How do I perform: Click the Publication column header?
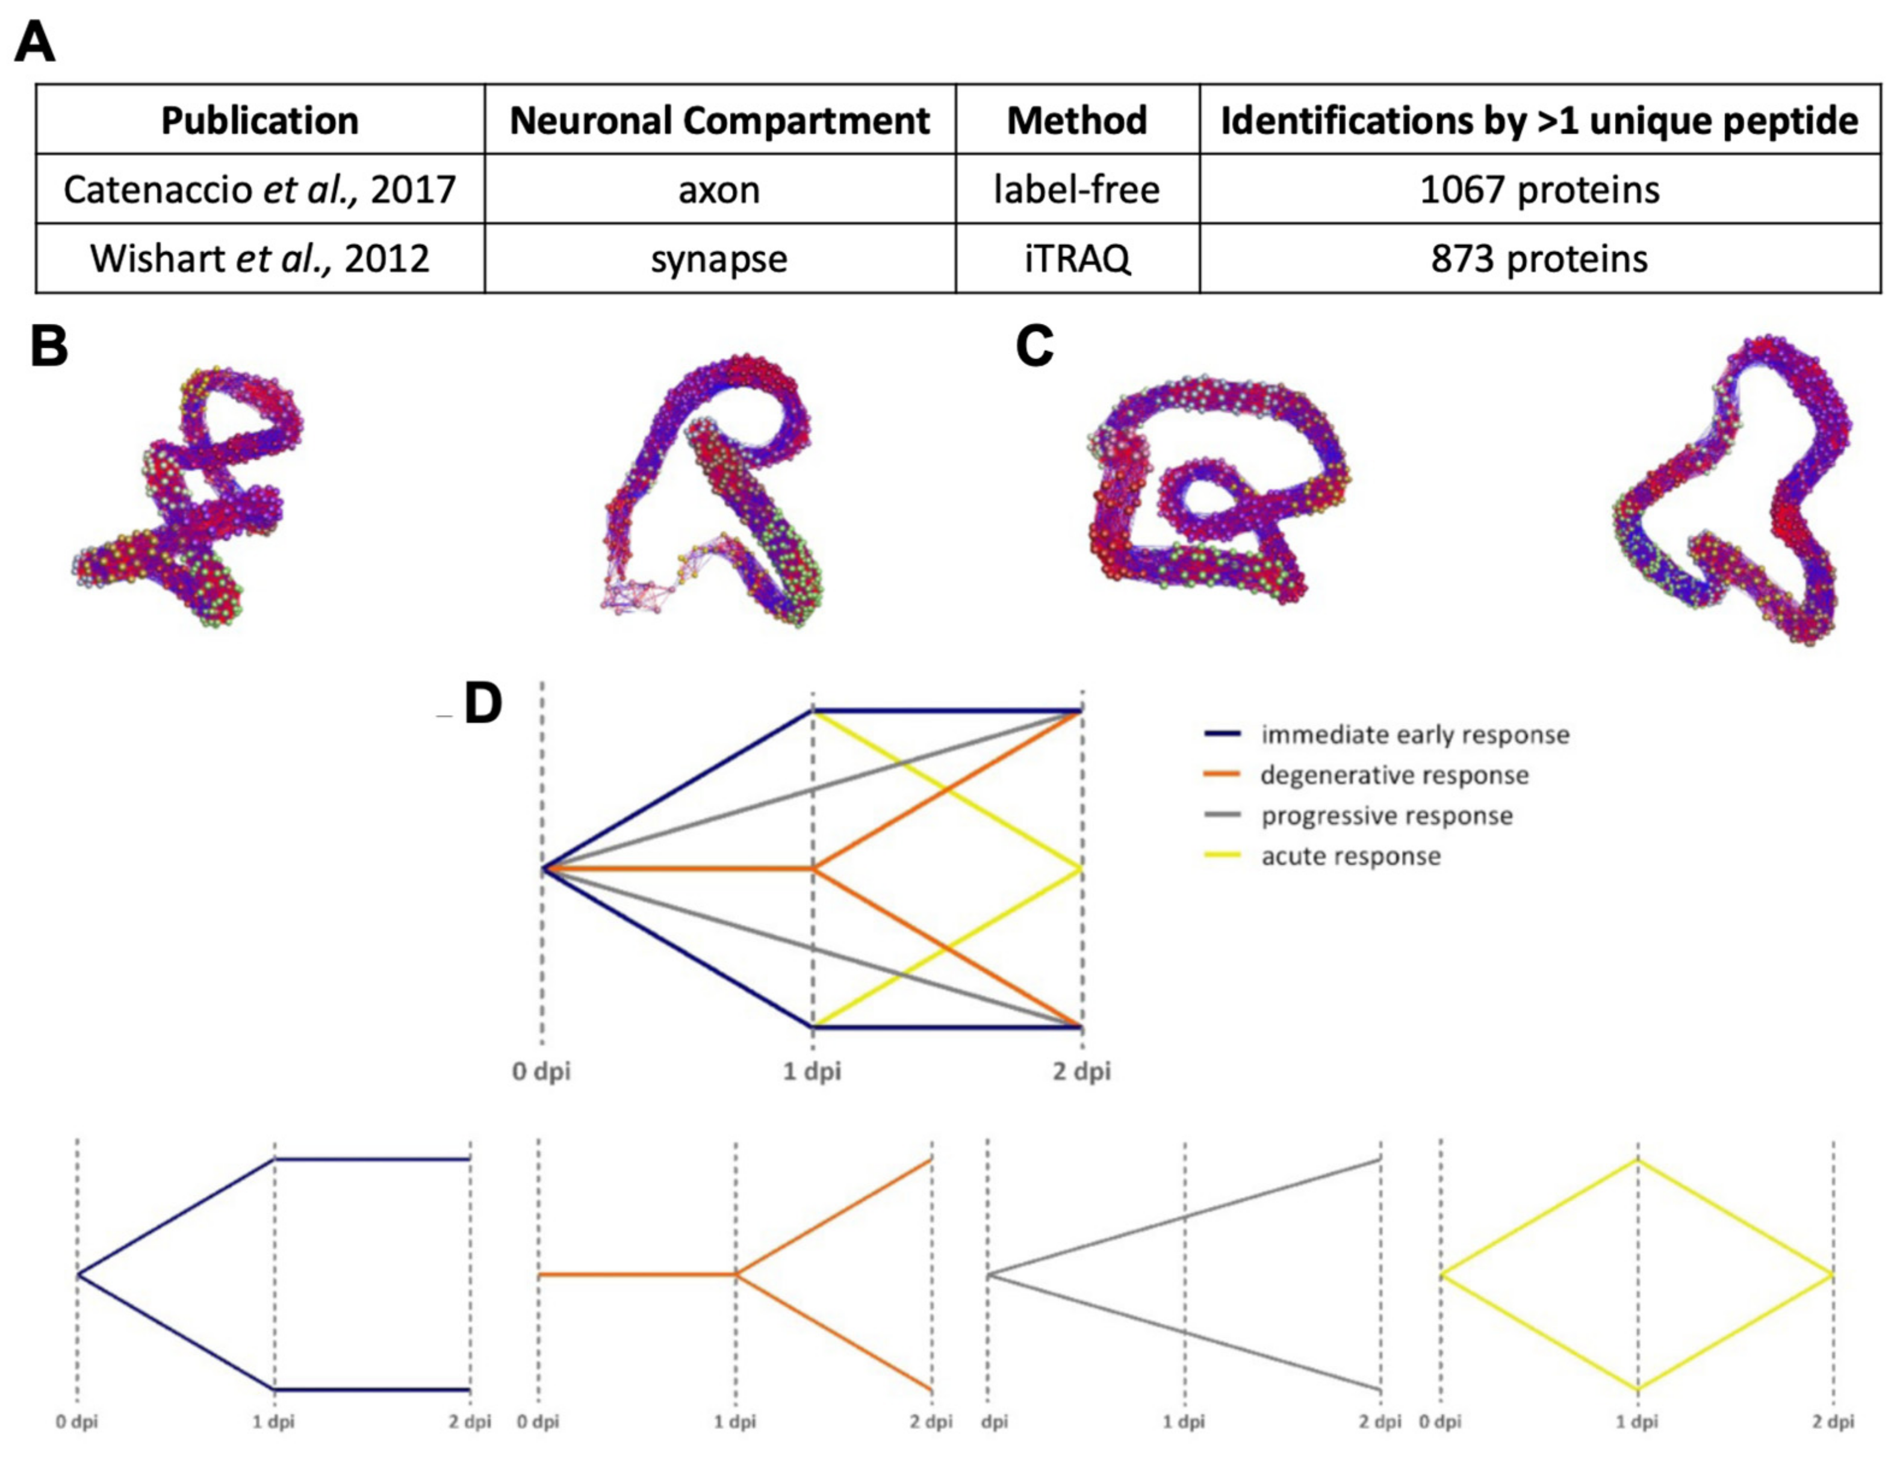[259, 120]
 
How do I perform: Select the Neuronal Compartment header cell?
[719, 120]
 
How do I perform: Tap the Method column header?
[1076, 120]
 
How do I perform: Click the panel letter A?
[35, 42]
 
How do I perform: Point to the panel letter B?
[49, 346]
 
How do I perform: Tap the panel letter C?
[1034, 346]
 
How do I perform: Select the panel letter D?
[483, 704]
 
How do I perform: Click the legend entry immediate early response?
[1414, 735]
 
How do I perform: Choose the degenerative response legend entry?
[1393, 775]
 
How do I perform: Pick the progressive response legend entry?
[1386, 815]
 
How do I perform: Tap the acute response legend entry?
[1350, 856]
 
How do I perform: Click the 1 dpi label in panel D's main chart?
[812, 1072]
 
